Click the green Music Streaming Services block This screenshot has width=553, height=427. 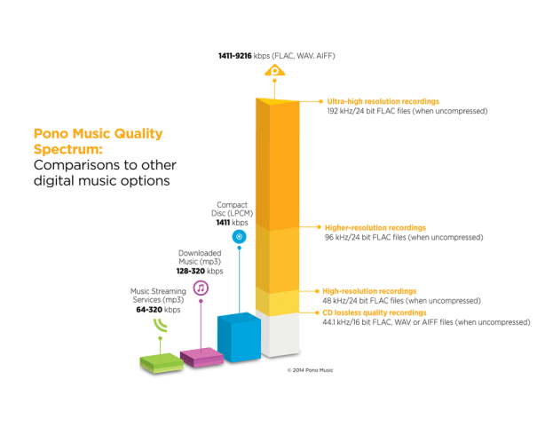coord(160,362)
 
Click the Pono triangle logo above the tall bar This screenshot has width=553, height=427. coord(277,70)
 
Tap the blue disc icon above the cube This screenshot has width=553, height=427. coord(238,237)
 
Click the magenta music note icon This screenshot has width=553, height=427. coord(201,288)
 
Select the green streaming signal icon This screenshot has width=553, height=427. coord(159,324)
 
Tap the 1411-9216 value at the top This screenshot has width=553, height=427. coord(234,55)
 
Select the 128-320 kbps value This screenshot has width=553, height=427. coord(193,272)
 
